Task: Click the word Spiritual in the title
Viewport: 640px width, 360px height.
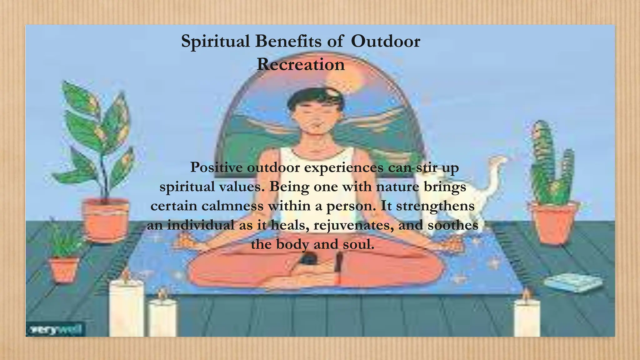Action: coord(216,42)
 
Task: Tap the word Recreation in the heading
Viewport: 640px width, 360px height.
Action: coord(301,65)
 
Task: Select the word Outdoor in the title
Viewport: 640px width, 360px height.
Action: coord(385,42)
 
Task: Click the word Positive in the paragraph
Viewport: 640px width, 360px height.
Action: coord(216,167)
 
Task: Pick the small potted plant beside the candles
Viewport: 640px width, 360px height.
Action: coord(64,256)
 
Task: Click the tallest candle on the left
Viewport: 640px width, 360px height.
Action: coord(126,308)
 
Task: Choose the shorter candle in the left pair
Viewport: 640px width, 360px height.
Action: coord(162,317)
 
